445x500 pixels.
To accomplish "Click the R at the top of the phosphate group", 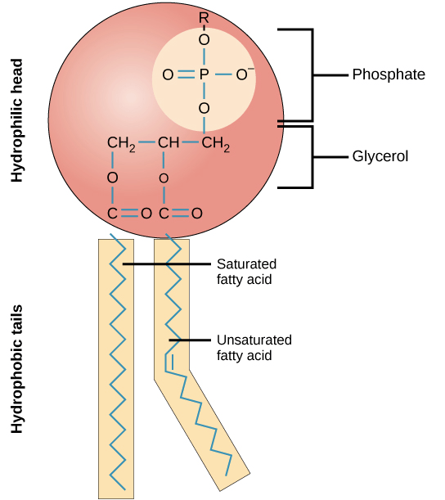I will (x=204, y=16).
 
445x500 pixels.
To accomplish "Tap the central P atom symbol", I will (x=204, y=74).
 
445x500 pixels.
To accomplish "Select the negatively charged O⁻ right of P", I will (x=243, y=74).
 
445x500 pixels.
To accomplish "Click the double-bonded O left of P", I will (x=168, y=74).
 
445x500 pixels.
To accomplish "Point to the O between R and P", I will (x=204, y=39).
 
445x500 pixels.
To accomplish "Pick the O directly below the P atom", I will (x=204, y=108).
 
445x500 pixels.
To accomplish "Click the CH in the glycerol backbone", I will (x=169, y=145).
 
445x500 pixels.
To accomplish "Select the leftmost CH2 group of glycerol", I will (x=120, y=145).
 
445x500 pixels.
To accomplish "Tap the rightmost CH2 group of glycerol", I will (x=215, y=145).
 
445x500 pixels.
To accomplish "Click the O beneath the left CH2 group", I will (x=113, y=178).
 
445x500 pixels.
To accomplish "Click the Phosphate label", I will (x=389, y=74).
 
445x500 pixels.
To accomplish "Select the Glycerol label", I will (x=381, y=155).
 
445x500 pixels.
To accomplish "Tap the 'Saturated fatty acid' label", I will (x=246, y=272).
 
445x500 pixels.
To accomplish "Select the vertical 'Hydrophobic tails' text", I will (x=16, y=368).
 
